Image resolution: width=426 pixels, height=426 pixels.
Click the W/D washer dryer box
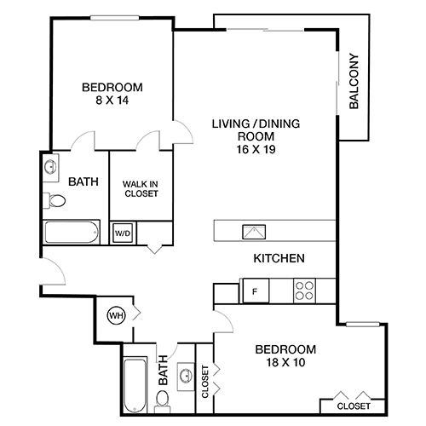122,233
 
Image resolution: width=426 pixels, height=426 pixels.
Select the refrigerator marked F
254,291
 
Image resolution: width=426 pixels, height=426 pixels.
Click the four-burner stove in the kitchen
306,291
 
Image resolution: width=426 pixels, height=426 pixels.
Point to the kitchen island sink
253,230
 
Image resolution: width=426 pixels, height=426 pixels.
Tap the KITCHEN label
279,258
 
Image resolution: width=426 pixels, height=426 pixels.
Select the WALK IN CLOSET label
140,188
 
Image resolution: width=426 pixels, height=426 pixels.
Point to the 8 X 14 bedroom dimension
112,101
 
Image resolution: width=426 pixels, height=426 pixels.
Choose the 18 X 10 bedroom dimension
285,363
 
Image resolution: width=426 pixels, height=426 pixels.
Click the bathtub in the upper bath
72,233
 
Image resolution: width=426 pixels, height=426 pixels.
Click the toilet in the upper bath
56,201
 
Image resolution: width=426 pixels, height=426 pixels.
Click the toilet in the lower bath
166,400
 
